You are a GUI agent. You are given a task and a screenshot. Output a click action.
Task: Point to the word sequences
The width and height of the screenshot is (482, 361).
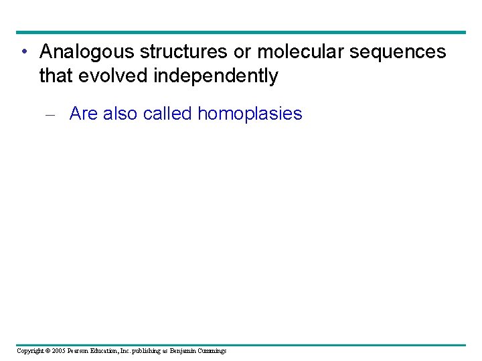pyautogui.click(x=402, y=52)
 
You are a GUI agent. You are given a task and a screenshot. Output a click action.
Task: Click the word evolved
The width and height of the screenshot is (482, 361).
pyautogui.click(x=113, y=76)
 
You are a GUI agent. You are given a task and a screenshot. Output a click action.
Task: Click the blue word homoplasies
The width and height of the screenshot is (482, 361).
pyautogui.click(x=250, y=114)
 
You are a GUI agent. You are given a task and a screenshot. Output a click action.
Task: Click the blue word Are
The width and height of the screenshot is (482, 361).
pyautogui.click(x=84, y=114)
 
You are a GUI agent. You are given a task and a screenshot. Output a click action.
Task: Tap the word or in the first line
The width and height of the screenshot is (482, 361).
pyautogui.click(x=244, y=52)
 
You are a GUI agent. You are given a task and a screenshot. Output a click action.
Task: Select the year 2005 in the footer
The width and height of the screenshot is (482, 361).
pyautogui.click(x=59, y=351)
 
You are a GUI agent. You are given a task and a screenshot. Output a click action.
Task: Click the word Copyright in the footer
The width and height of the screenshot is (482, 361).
pyautogui.click(x=29, y=351)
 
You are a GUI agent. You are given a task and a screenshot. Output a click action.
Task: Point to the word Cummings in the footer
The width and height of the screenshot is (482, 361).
pyautogui.click(x=211, y=351)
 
